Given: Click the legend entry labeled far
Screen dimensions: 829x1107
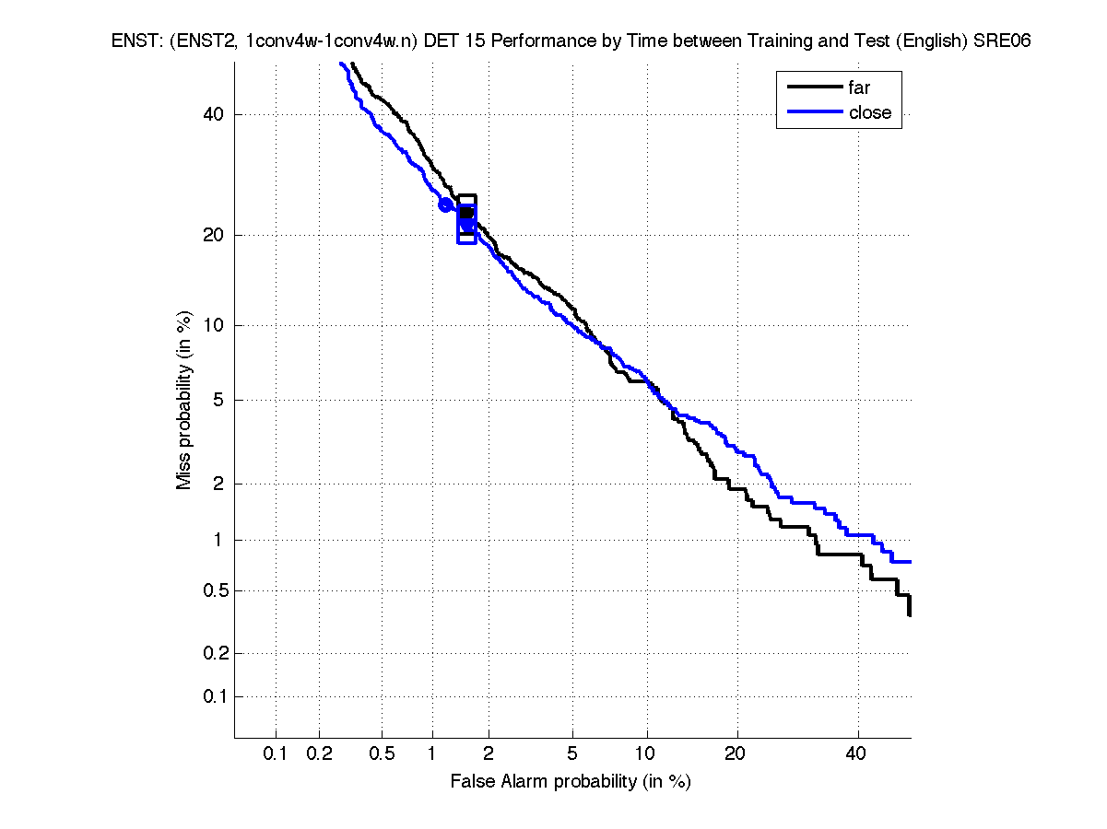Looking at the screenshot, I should (x=858, y=88).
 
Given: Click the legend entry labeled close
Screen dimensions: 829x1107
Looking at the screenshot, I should (x=869, y=112).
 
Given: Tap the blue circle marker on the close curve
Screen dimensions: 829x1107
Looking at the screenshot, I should (x=445, y=204).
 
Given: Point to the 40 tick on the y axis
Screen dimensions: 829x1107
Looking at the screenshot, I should (x=214, y=114).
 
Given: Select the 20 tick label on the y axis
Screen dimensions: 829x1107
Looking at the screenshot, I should (x=214, y=235).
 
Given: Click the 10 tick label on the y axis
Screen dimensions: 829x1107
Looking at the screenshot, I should (x=214, y=325).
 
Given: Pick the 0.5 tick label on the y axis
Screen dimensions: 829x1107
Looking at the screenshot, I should (x=211, y=590).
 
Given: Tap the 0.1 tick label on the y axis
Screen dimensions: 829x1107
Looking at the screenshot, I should (x=211, y=696).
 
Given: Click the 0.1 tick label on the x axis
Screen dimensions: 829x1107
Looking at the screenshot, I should (x=276, y=753).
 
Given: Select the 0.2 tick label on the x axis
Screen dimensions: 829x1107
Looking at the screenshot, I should (x=319, y=753).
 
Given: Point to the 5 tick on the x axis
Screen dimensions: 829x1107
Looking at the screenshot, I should (x=572, y=753).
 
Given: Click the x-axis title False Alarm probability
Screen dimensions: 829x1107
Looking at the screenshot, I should (x=570, y=781).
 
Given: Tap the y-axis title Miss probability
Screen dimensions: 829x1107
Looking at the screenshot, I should (x=185, y=401).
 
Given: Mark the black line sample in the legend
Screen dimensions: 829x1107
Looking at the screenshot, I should (x=814, y=88).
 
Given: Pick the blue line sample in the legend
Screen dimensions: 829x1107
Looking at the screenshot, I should (x=814, y=112).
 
